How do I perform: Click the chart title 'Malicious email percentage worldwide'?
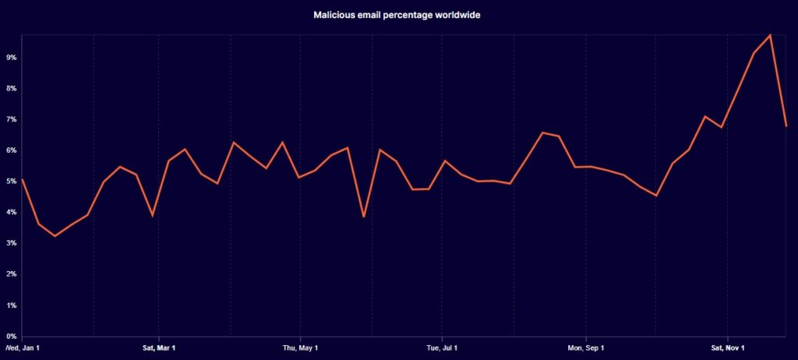point(397,15)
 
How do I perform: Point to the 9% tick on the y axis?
point(11,58)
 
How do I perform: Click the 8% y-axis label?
point(11,89)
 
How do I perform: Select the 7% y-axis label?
point(11,119)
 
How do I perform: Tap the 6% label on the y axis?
point(11,150)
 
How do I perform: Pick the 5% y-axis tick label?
point(11,182)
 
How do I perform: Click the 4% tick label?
point(11,212)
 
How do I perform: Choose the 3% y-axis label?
point(11,243)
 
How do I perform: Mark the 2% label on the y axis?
point(11,274)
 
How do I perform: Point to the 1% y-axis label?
point(11,305)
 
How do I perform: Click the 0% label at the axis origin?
point(11,336)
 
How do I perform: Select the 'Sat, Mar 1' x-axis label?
point(159,348)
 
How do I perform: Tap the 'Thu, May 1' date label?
point(300,348)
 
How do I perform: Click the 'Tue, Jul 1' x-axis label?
point(442,348)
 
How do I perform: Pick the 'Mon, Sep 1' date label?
point(585,348)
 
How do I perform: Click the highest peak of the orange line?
point(770,35)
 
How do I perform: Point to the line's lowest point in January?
point(55,235)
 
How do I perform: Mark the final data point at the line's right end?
point(786,126)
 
